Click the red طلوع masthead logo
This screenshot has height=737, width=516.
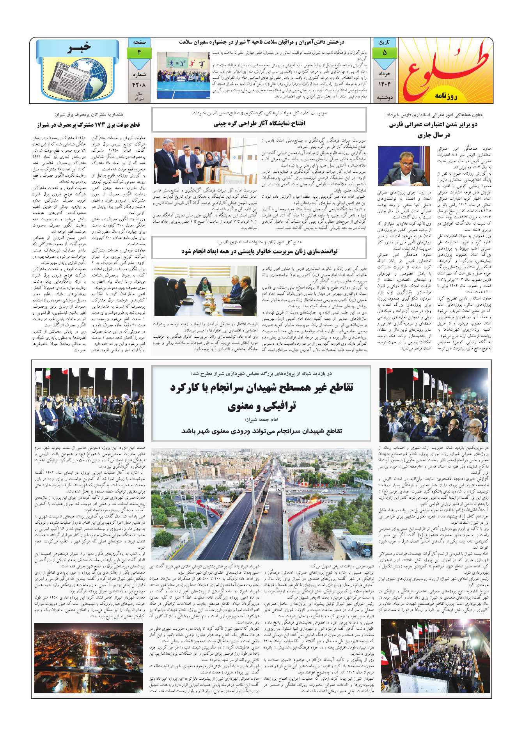point(443,66)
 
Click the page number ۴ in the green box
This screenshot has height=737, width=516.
point(139,52)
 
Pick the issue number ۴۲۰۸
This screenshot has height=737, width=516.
point(139,84)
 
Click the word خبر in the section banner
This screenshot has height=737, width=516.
point(80,47)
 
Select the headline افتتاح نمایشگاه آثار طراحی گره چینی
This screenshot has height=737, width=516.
point(259,124)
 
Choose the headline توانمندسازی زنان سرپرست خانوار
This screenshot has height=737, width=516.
point(259,252)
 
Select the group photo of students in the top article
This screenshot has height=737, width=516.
point(183,70)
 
